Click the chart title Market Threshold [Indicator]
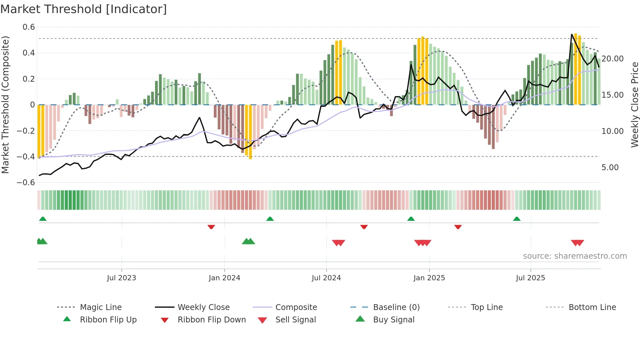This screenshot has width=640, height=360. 84,9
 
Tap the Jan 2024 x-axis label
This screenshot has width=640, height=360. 224,278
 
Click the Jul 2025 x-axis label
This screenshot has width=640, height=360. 530,278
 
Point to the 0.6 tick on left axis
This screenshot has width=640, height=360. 29,27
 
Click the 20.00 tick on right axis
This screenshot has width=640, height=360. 612,59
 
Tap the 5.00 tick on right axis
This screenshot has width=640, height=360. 610,168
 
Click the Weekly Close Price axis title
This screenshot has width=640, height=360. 634,105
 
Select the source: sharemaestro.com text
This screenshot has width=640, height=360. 575,256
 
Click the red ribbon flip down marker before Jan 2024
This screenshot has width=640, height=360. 211,227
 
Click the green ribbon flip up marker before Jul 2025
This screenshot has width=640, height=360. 517,219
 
